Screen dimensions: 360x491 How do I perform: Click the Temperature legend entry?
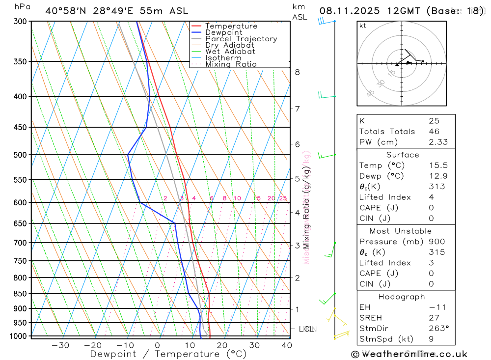pyautogui.click(x=231, y=26)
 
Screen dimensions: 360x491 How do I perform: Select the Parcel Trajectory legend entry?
pyautogui.click(x=241, y=39)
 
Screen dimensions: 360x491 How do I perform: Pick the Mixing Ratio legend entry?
pyautogui.click(x=231, y=64)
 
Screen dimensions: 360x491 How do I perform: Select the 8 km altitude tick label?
pyautogui.click(x=297, y=72)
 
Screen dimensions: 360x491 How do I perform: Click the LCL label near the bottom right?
pyautogui.click(x=306, y=329)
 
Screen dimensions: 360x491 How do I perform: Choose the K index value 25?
pyautogui.click(x=434, y=121)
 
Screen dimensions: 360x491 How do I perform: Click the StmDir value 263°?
pyautogui.click(x=436, y=329)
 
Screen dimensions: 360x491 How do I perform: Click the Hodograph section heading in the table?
pyautogui.click(x=402, y=297)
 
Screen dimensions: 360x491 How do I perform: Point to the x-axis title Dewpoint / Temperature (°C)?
pyautogui.click(x=168, y=354)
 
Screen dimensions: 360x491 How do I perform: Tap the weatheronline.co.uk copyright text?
pyautogui.click(x=409, y=354)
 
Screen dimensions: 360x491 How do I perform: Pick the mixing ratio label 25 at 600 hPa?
pyautogui.click(x=283, y=198)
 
